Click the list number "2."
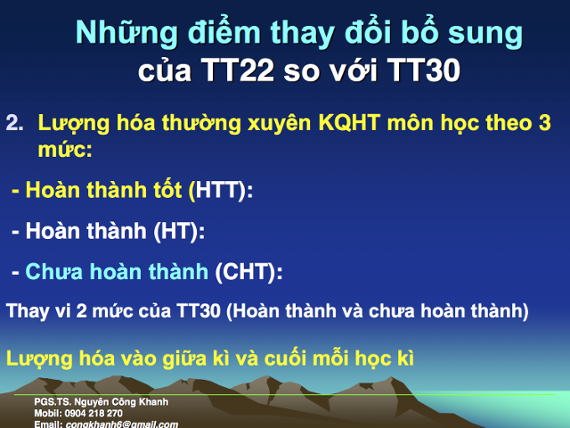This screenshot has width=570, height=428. tap(15, 122)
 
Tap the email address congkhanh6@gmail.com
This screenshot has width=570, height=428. tap(121, 424)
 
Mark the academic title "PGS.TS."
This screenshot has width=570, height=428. tap(50, 403)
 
